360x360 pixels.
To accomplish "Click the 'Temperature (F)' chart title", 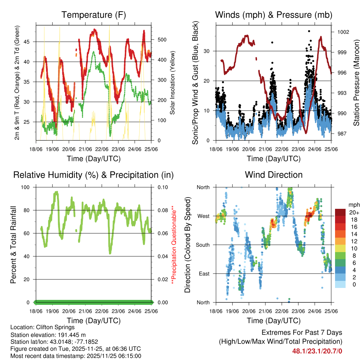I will [94, 15].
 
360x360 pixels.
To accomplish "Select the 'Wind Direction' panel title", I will [274, 175].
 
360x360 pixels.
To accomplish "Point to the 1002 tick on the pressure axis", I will [343, 32].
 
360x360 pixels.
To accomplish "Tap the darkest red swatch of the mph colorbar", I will [340, 212].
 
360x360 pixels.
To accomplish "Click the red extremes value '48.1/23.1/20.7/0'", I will [317, 351].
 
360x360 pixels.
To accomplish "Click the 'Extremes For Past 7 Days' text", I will [302, 333].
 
